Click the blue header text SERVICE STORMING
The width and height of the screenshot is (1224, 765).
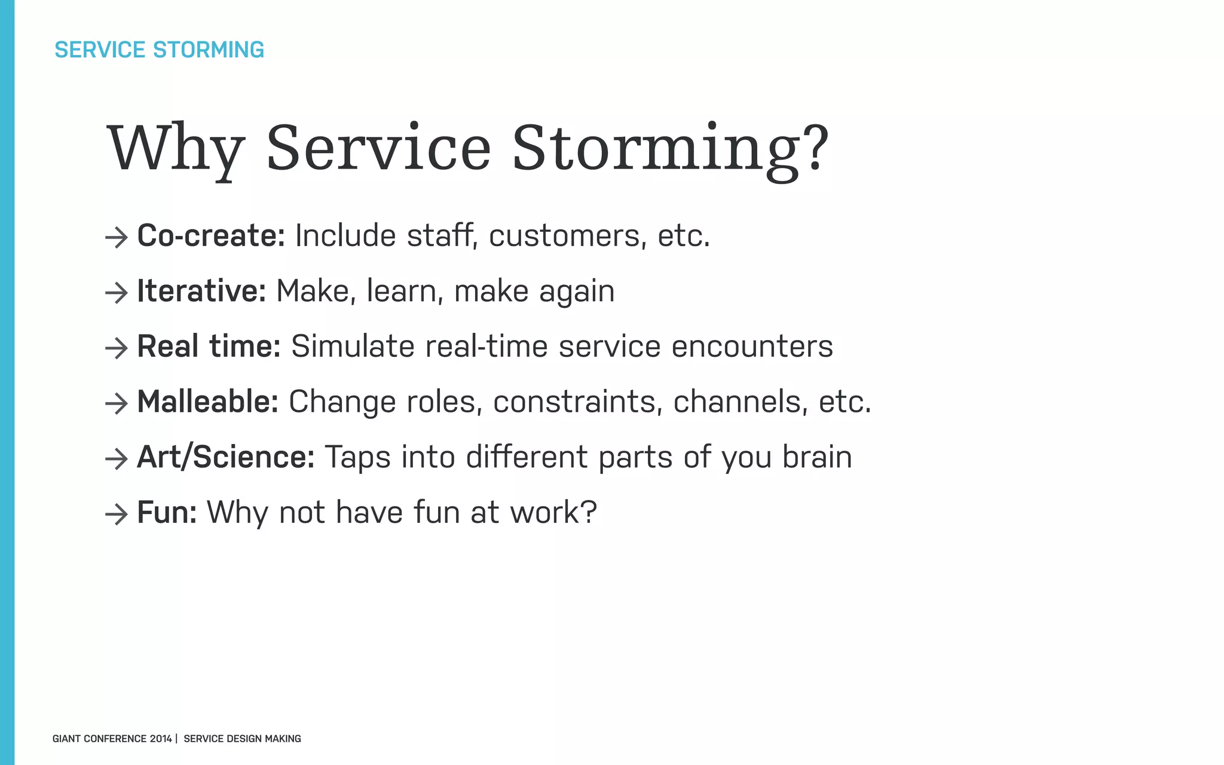point(159,50)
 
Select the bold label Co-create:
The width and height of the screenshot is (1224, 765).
point(211,235)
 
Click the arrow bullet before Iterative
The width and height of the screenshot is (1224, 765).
point(117,293)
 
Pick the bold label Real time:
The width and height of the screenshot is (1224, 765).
point(209,346)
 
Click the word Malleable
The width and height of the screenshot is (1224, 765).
point(207,402)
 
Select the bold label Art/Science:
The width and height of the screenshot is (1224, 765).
point(225,457)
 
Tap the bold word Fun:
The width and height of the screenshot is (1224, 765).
point(167,512)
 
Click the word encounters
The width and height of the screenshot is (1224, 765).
point(752,347)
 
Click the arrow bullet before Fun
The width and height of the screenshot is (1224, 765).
point(117,514)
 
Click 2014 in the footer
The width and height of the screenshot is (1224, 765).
point(161,739)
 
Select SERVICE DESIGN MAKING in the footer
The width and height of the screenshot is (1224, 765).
point(242,739)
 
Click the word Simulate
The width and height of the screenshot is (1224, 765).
point(353,346)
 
